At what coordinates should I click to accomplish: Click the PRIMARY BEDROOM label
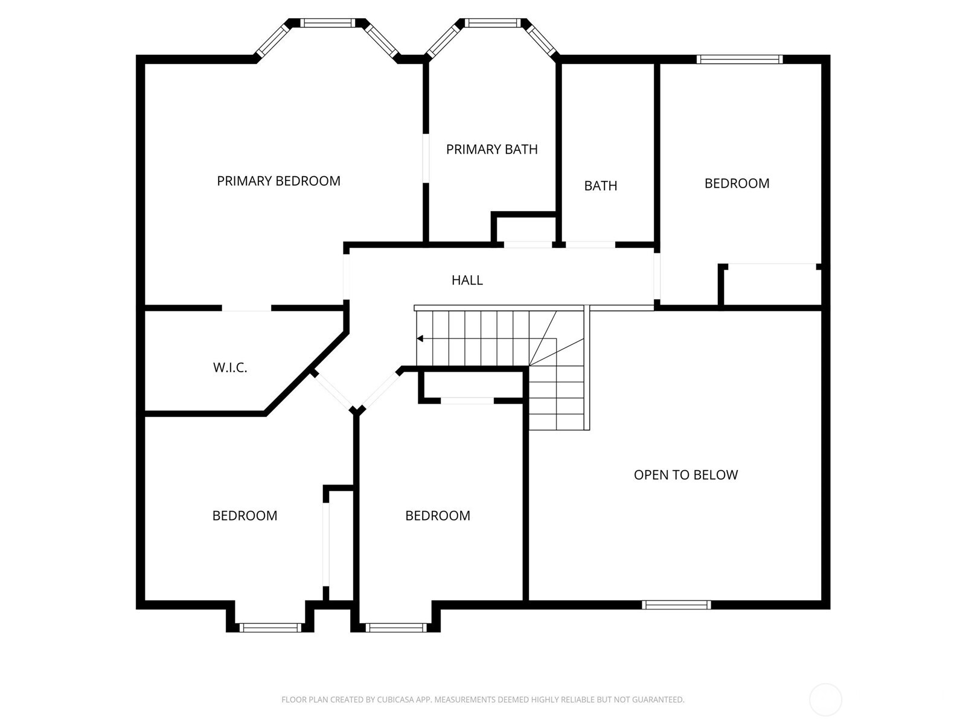click(278, 181)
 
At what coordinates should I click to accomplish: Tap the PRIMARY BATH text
click(491, 149)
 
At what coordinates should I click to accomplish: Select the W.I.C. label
click(230, 367)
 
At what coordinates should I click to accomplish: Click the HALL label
click(467, 280)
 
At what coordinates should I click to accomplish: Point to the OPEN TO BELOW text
click(685, 475)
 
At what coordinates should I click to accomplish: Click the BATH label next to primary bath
click(600, 186)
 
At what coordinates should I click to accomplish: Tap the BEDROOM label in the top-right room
click(737, 183)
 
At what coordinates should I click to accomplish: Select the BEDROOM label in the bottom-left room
click(245, 516)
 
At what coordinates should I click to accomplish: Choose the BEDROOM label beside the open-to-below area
click(437, 516)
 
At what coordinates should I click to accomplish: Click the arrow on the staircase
click(421, 338)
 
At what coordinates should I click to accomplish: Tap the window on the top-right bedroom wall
click(739, 59)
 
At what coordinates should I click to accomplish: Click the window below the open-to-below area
click(676, 605)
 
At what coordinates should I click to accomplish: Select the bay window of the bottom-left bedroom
click(270, 628)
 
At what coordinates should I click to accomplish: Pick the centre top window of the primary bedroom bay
click(327, 23)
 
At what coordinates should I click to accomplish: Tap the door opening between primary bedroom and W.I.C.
click(246, 308)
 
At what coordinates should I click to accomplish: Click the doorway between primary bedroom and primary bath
click(426, 157)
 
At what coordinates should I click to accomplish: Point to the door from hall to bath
click(590, 245)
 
